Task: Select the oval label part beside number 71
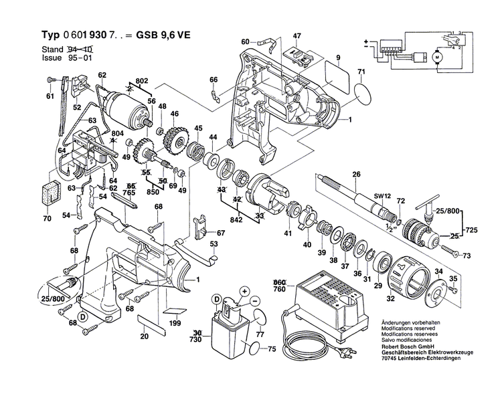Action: (363, 92)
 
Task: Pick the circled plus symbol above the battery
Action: (245, 291)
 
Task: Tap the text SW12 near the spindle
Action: (382, 195)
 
